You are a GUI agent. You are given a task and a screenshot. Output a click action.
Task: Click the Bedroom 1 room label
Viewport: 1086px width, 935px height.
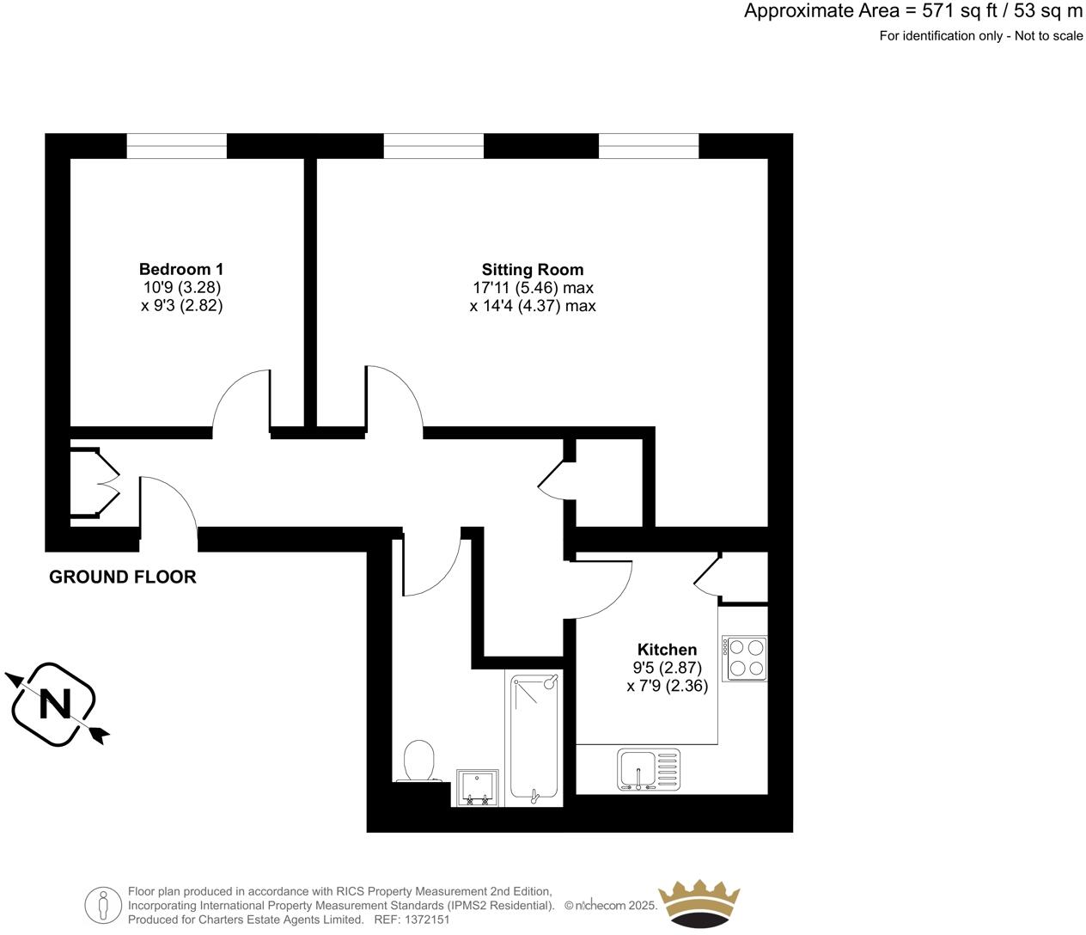pos(181,269)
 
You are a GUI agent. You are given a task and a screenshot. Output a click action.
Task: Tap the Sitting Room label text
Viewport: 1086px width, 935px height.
pos(532,269)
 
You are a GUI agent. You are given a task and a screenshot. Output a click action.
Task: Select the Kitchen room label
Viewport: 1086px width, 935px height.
pos(667,649)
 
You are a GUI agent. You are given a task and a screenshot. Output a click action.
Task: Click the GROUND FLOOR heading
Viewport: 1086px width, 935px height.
pos(123,577)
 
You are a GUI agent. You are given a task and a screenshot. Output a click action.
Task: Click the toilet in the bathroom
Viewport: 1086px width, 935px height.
pos(420,761)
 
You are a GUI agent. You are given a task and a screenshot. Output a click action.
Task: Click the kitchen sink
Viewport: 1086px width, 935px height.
pos(649,768)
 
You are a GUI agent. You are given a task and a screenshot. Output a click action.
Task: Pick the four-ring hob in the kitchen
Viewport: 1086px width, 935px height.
pos(744,658)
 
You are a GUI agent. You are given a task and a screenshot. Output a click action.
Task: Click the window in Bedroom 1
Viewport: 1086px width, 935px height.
pos(177,146)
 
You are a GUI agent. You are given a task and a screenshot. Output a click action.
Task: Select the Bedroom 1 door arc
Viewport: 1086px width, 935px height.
pos(242,400)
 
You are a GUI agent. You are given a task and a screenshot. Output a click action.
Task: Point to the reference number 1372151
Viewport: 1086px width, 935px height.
pos(422,920)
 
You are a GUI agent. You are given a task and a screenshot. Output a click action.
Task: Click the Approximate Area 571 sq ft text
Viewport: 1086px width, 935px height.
pos(913,11)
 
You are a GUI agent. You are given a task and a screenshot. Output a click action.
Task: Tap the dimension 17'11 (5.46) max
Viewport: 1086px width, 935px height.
pos(533,288)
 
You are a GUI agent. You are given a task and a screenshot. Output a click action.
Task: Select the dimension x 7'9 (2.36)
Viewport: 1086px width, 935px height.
pos(668,686)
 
